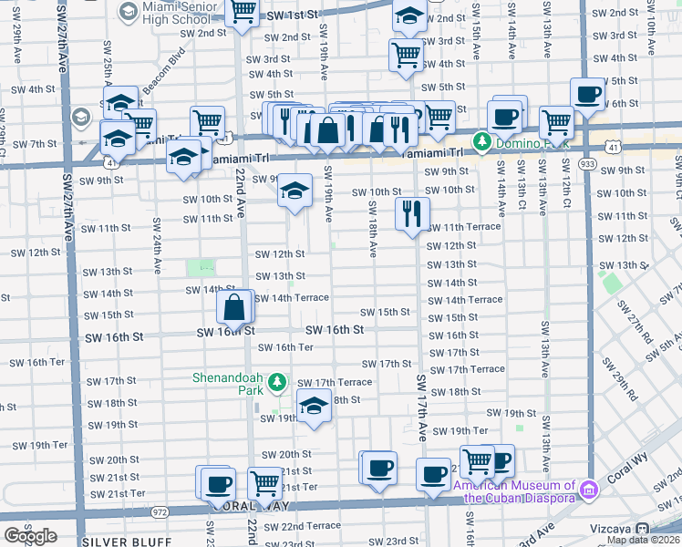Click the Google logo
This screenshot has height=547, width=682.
tap(30, 537)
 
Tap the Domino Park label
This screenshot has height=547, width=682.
tap(513, 142)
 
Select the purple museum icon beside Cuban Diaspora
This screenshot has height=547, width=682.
tap(589, 491)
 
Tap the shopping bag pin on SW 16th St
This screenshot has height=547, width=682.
tap(235, 308)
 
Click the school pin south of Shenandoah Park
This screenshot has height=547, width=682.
tap(314, 407)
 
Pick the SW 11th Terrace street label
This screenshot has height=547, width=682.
tap(464, 227)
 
